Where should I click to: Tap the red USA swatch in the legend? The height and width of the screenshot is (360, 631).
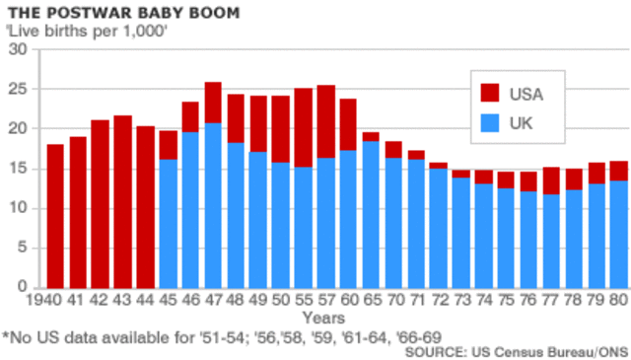pos(492,95)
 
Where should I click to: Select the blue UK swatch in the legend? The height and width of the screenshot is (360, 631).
pos(492,123)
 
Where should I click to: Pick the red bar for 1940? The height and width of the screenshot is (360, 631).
pos(55,216)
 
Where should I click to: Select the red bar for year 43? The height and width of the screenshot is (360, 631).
pos(123,201)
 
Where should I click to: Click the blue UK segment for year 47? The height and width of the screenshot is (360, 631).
pos(213,205)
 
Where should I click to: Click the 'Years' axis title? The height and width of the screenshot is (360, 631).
pos(323,318)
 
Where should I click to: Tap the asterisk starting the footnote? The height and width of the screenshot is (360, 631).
pos(6,336)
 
